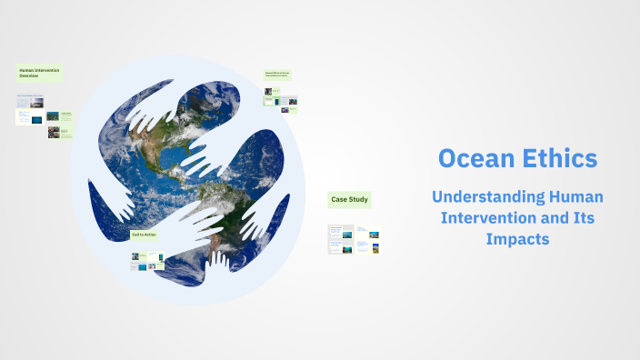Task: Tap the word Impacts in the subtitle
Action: (517, 240)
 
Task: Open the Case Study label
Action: (350, 199)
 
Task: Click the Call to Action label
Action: (145, 235)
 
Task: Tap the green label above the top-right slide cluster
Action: (277, 75)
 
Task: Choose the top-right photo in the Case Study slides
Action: (375, 234)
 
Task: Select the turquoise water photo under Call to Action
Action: (142, 267)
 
